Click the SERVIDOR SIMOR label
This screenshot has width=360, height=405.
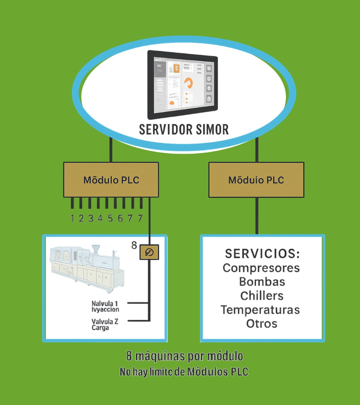point(184,130)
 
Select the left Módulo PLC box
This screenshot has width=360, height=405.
point(111,180)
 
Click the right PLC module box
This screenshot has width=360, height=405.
point(256,180)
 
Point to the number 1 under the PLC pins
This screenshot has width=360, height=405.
point(72,218)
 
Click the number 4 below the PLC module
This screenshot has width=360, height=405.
point(100,218)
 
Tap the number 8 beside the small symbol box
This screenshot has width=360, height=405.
point(134,245)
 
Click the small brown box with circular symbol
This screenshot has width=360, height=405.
point(149,252)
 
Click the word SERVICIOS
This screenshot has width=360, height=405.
point(262,254)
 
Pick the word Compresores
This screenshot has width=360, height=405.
point(261,268)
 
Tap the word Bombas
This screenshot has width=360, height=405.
point(262,282)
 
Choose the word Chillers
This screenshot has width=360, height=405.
point(262,296)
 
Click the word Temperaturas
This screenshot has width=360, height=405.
point(261,310)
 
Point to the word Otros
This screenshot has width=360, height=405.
point(262,324)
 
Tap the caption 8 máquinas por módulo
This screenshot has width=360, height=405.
point(184,355)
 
